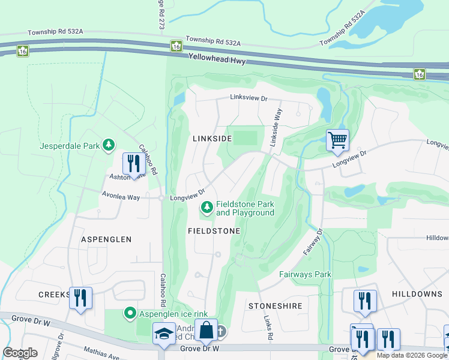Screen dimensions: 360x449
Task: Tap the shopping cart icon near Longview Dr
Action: coord(337,140)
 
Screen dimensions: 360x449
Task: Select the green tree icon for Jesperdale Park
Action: coord(109,145)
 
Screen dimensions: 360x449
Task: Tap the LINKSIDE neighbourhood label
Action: coord(212,139)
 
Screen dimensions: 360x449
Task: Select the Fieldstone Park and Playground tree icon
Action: coord(207,208)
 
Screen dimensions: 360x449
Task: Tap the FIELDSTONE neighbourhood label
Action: coord(214,231)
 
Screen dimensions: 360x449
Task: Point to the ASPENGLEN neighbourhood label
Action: coord(106,239)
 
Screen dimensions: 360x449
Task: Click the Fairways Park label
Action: coord(305,275)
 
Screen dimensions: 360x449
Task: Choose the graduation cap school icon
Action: coord(163,335)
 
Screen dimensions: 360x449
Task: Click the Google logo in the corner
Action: coord(20,353)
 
